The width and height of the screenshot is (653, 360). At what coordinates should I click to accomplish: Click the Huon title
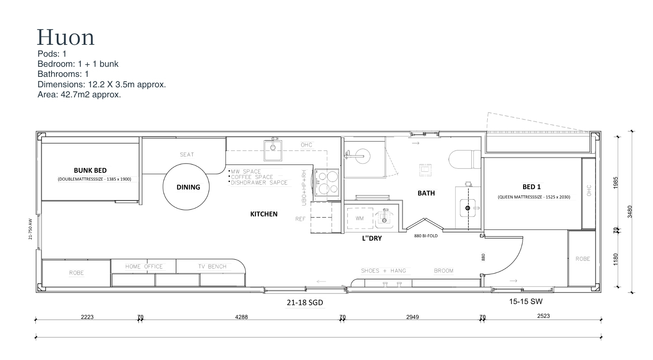coord(66,37)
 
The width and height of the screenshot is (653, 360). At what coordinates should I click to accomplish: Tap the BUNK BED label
coord(90,170)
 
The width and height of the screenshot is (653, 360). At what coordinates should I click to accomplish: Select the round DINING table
coord(186,187)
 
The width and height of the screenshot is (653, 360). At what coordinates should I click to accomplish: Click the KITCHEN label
coord(264,214)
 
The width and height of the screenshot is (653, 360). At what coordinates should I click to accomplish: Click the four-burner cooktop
coord(327,182)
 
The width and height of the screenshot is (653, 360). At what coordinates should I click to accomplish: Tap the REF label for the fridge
coord(300,219)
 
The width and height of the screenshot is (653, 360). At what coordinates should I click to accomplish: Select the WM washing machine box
coord(360,218)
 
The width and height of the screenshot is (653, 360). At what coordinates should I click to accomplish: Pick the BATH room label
coord(426,193)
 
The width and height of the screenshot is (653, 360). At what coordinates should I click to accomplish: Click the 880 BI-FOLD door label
coord(426,236)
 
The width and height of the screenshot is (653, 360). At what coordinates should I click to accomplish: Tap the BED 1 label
coord(531,187)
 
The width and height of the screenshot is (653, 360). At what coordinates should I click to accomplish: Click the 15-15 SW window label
coord(524,301)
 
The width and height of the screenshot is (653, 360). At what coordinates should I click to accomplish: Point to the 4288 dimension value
coord(241,317)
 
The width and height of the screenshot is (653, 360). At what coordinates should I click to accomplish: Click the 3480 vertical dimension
coord(630,212)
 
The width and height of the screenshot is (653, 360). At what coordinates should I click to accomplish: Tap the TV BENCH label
coord(212,267)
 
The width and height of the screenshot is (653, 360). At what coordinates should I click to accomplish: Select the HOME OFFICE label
coord(144,267)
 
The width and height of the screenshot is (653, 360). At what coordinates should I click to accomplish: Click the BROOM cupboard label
coord(444,271)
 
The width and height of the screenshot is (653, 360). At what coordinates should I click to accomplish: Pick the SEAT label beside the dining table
coord(187,155)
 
